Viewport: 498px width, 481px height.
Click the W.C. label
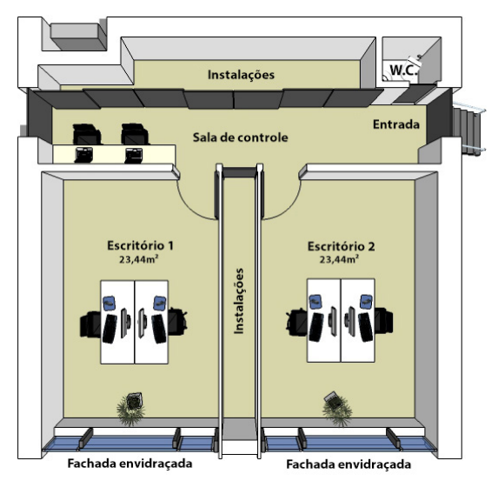pyautogui.click(x=403, y=70)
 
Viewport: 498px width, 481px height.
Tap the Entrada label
pyautogui.click(x=396, y=124)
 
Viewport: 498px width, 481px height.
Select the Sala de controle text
pyautogui.click(x=241, y=137)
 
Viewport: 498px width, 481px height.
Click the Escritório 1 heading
pyautogui.click(x=140, y=245)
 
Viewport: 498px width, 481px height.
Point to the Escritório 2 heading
pyautogui.click(x=341, y=246)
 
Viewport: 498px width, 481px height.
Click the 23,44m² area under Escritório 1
pyautogui.click(x=139, y=259)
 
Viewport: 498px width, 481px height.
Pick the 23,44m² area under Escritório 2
pyautogui.click(x=339, y=259)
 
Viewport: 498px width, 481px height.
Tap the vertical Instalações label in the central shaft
pyautogui.click(x=239, y=301)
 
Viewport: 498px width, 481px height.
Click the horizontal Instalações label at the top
pyautogui.click(x=241, y=75)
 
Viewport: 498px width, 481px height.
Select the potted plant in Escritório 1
pyautogui.click(x=131, y=409)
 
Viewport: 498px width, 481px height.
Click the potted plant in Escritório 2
pyautogui.click(x=336, y=408)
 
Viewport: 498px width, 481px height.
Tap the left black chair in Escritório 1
pyautogui.click(x=90, y=324)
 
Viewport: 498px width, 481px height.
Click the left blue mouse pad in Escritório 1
pyautogui.click(x=109, y=303)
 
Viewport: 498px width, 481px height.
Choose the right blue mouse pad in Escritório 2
pyautogui.click(x=366, y=302)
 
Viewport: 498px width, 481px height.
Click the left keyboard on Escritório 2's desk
pyautogui.click(x=316, y=327)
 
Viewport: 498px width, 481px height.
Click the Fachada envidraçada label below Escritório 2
pyautogui.click(x=349, y=464)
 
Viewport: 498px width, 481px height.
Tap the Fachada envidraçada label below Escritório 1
pyautogui.click(x=129, y=464)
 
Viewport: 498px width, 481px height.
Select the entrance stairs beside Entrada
pyautogui.click(x=468, y=130)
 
